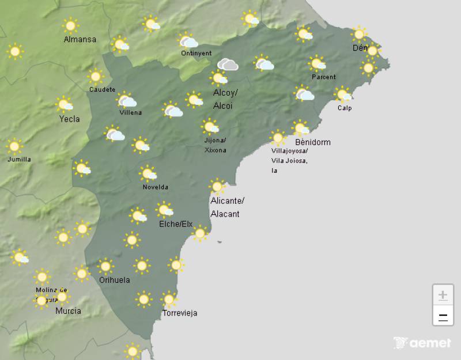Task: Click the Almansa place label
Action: pos(80,40)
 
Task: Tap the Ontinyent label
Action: pos(196,54)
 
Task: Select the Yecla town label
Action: pos(70,119)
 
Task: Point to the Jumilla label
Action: pos(20,160)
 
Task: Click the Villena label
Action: pos(130,113)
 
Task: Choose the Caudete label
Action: pos(103,90)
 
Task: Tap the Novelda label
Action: pos(156,187)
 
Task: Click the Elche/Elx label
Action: pos(175,224)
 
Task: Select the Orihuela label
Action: pos(114,281)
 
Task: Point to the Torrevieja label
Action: pos(180,313)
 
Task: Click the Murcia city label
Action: pos(68,311)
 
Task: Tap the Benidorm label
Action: pos(312,142)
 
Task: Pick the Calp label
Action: pos(345,108)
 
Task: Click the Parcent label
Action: pos(323,77)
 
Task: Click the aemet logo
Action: pos(422,343)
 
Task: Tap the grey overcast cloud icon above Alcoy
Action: pos(228,65)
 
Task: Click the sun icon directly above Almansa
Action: pos(71,25)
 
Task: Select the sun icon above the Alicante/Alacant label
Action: pos(217,186)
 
